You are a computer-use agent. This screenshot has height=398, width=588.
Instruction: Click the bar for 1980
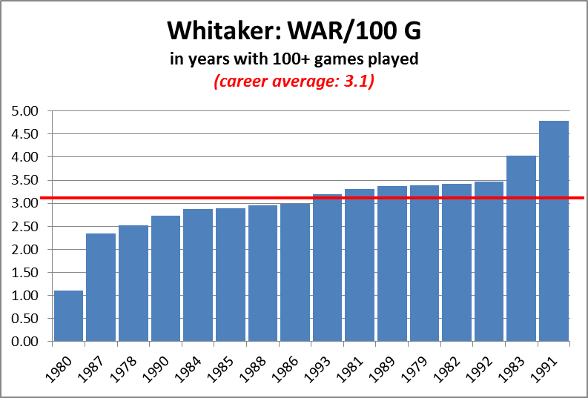coord(68,316)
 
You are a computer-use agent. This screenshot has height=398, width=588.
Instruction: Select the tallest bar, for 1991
coord(553,230)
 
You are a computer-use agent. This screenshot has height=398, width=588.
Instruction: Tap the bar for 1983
coord(521,248)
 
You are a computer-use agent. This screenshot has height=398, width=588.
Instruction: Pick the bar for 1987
coord(101,288)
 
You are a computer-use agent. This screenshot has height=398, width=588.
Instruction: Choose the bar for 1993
coord(328,268)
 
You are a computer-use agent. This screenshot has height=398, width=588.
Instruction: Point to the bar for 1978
coord(133,283)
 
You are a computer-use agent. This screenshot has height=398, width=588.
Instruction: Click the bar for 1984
coord(198,275)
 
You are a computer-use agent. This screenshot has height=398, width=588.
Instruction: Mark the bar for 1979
coord(424,263)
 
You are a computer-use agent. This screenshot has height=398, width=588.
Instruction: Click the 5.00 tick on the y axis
coord(25,111)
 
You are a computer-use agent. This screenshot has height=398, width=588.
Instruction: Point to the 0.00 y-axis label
coord(25,342)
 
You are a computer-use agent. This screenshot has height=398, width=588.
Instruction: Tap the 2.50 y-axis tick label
coord(25,226)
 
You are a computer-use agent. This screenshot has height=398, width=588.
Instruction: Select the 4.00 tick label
coord(25,157)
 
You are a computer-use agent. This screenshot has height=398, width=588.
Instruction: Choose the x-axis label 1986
coord(285,370)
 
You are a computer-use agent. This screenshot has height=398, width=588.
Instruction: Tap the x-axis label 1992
coord(480,370)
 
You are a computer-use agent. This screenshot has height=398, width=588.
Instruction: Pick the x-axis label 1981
coord(351,370)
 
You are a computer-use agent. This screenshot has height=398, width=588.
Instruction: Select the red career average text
coord(294,82)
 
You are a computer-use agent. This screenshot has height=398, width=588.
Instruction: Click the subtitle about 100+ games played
coord(294,59)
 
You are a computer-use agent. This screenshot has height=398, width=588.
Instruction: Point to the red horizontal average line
coord(312,198)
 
